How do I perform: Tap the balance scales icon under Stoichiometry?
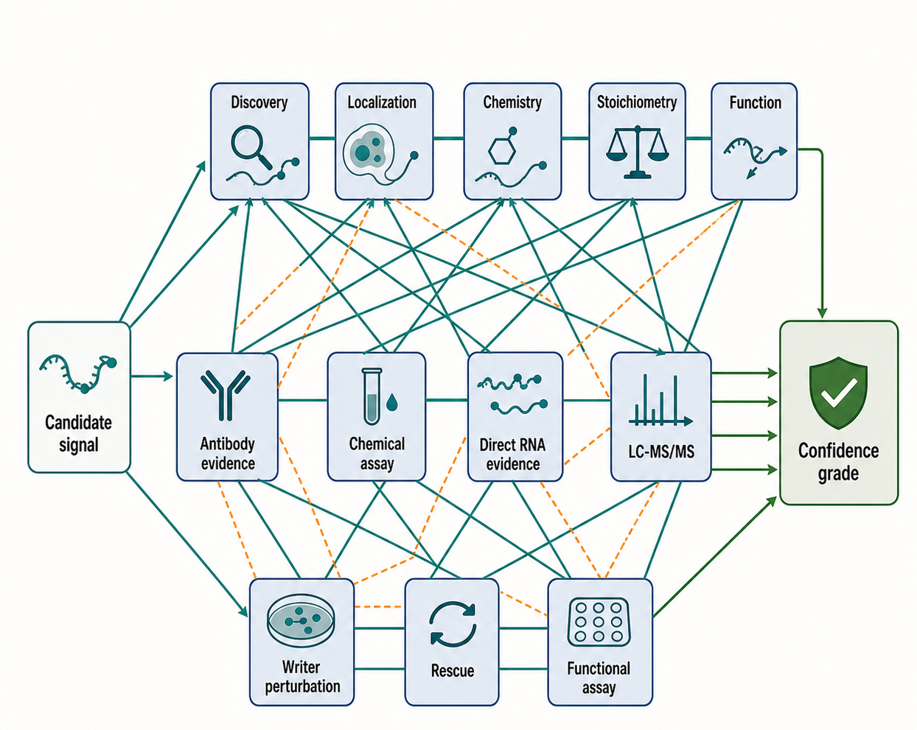tap(637, 152)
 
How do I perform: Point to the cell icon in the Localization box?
tap(369, 150)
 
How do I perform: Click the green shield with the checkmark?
tap(838, 393)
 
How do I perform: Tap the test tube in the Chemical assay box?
tap(372, 396)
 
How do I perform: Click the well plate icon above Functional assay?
tap(599, 622)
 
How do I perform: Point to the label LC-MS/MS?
tap(661, 452)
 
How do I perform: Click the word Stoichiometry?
tap(637, 102)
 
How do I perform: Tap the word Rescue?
tap(453, 670)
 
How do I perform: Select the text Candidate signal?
tap(78, 434)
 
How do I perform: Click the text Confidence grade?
tap(838, 462)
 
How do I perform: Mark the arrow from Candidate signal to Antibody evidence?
tap(152, 376)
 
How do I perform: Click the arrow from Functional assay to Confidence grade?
tap(714, 557)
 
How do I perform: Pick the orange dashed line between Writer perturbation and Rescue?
tap(379, 606)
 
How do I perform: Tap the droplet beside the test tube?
tap(391, 402)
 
